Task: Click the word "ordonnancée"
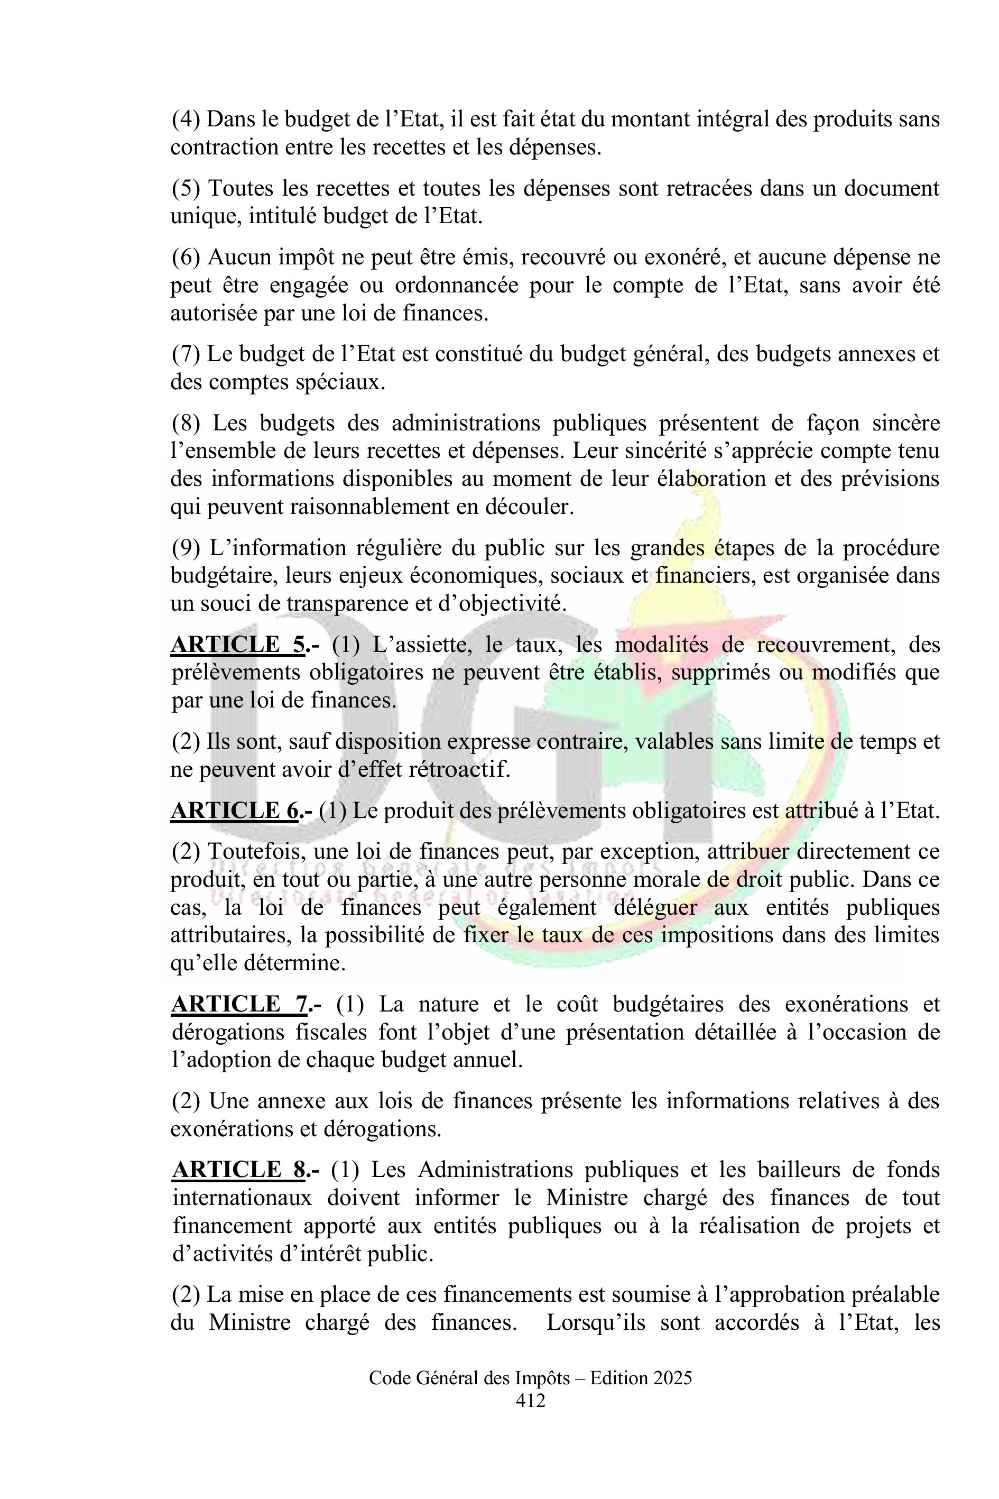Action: coord(457,285)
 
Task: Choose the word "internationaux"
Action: coord(242,1198)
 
